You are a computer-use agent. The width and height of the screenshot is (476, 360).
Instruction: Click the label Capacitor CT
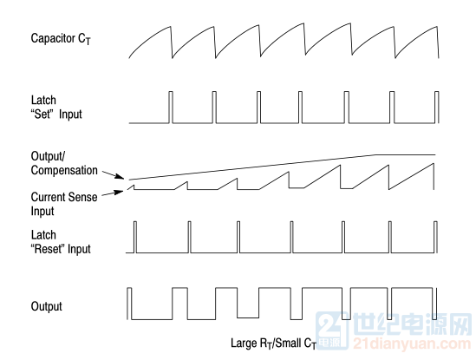tap(61, 39)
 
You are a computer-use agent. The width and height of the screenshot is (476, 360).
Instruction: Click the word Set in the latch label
tap(42, 115)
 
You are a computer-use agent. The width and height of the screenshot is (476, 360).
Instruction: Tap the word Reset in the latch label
tap(49, 249)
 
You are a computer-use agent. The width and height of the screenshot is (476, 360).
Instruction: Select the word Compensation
tap(64, 171)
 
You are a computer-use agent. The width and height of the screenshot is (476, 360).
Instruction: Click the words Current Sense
tap(64, 197)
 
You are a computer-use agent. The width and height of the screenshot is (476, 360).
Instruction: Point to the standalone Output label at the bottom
tap(47, 306)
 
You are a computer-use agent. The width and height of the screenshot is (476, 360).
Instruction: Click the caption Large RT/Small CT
tap(273, 344)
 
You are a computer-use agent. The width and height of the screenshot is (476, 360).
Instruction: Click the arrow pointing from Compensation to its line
tap(113, 174)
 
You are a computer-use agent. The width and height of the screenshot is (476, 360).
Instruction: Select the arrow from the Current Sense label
tap(113, 193)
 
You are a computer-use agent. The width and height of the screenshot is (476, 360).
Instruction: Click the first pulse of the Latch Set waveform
tap(171, 107)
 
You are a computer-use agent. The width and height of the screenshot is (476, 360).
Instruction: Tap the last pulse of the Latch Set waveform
tap(436, 107)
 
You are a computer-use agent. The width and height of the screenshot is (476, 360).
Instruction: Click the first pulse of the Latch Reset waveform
tap(135, 237)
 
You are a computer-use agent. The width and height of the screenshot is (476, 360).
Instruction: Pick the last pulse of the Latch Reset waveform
tap(435, 237)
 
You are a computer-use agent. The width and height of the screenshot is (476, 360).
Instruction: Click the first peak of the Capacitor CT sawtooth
tap(171, 27)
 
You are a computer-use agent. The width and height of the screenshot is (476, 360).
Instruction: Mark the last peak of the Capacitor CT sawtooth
tap(437, 27)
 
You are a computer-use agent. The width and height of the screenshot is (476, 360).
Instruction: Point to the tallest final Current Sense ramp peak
tap(434, 164)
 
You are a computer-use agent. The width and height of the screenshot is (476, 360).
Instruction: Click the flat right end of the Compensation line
tap(435, 154)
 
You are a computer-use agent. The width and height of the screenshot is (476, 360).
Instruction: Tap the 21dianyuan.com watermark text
tap(412, 344)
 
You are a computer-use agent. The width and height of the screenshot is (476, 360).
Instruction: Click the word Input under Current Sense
tap(42, 211)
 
